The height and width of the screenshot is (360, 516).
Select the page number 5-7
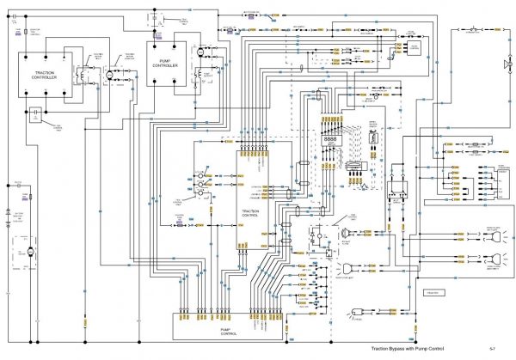click(x=492, y=349)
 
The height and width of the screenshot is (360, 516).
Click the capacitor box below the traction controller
click(x=36, y=112)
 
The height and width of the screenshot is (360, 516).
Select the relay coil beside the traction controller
click(x=83, y=76)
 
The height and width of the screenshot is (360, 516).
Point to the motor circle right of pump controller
click(x=199, y=53)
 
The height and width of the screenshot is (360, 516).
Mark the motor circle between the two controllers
click(x=109, y=76)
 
